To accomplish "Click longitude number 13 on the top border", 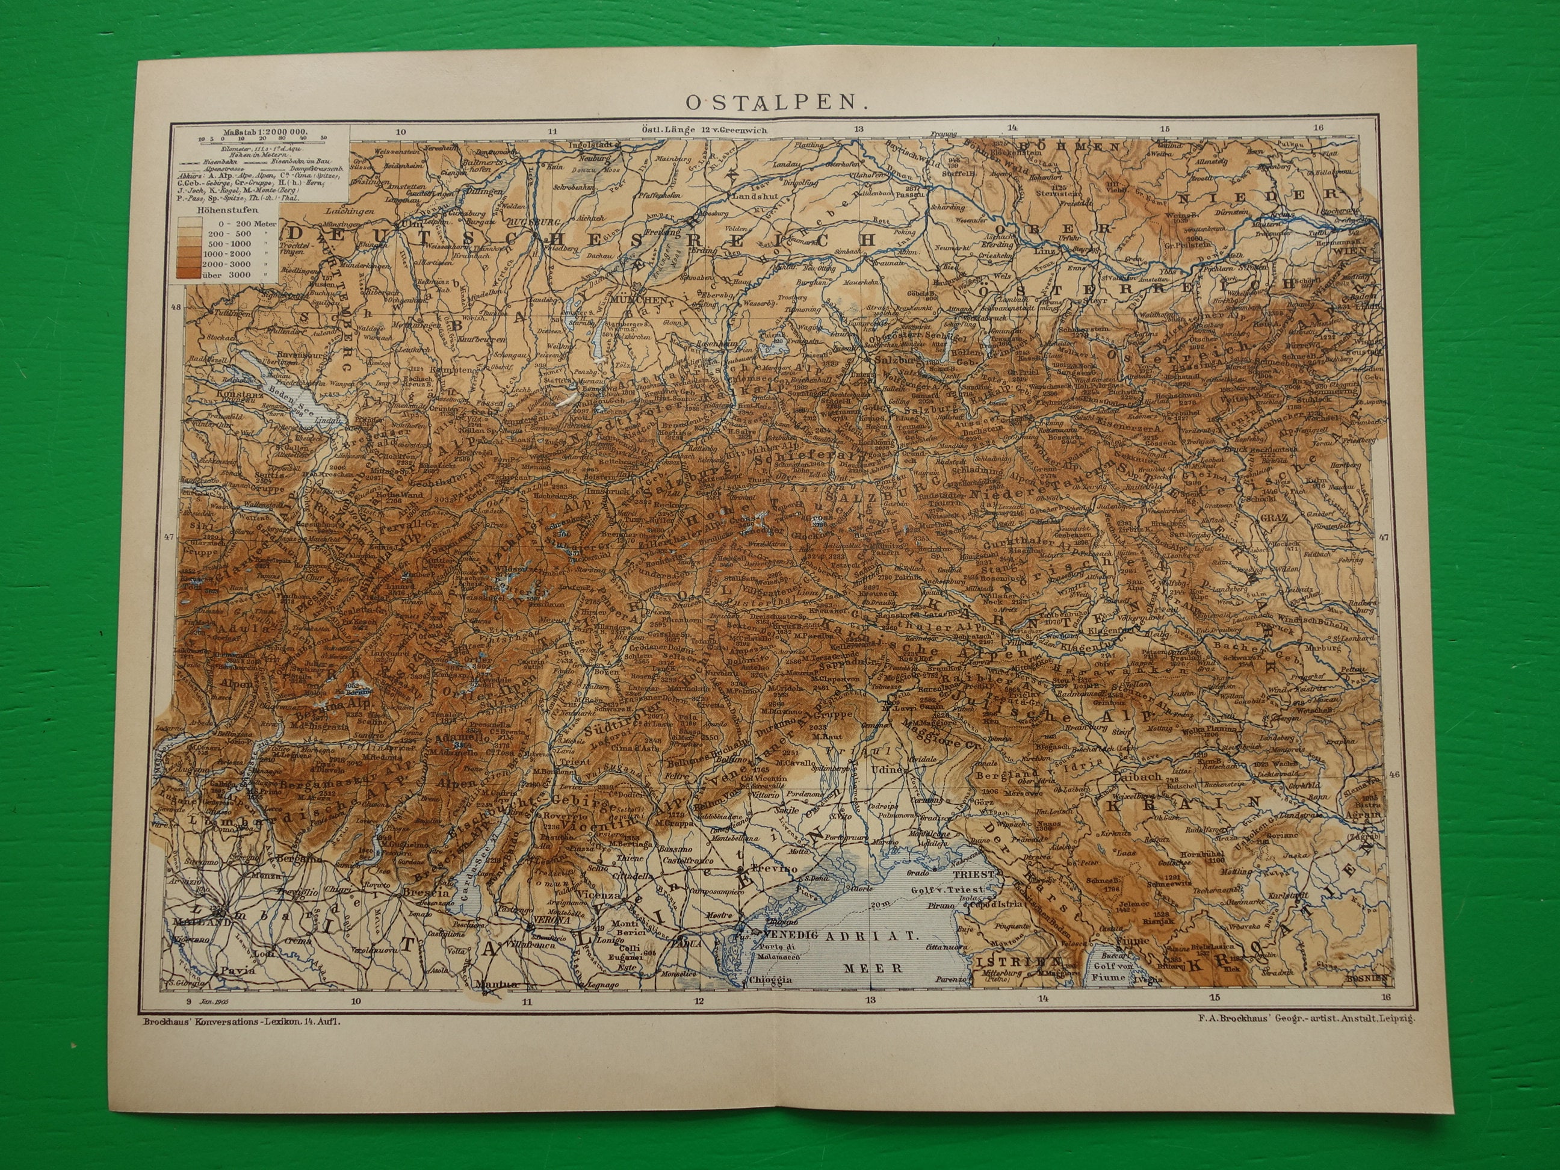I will [x=858, y=128].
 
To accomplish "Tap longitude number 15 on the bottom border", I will [x=1214, y=997].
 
